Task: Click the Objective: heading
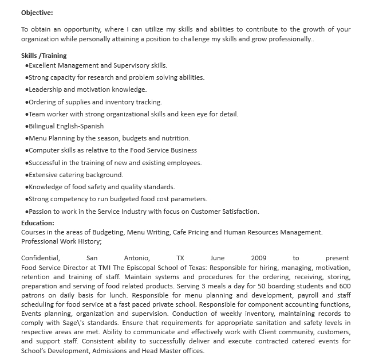click(x=37, y=11)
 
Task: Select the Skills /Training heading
click(x=44, y=56)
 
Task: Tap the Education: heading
click(x=38, y=223)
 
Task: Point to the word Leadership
click(x=45, y=89)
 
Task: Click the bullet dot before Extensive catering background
click(x=27, y=175)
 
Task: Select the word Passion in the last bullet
click(x=41, y=212)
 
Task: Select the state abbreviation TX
click(x=180, y=258)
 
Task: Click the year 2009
click(x=259, y=258)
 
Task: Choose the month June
click(x=218, y=258)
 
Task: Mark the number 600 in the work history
click(x=345, y=286)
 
